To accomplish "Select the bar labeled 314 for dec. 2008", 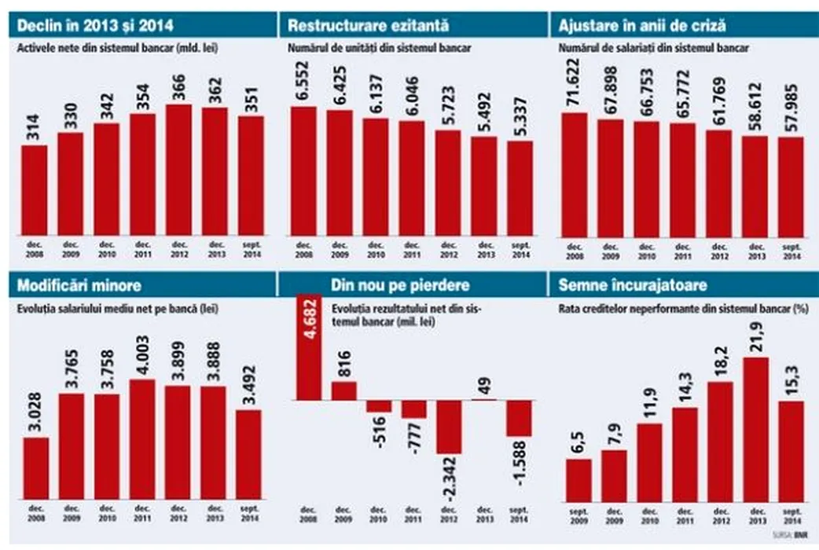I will click(x=34, y=189).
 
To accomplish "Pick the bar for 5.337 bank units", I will click(x=520, y=187).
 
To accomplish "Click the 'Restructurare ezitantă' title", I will click(x=350, y=25).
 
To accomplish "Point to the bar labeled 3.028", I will click(x=35, y=471).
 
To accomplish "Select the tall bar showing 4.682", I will click(x=309, y=346).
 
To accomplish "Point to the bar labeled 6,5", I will click(x=578, y=482).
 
